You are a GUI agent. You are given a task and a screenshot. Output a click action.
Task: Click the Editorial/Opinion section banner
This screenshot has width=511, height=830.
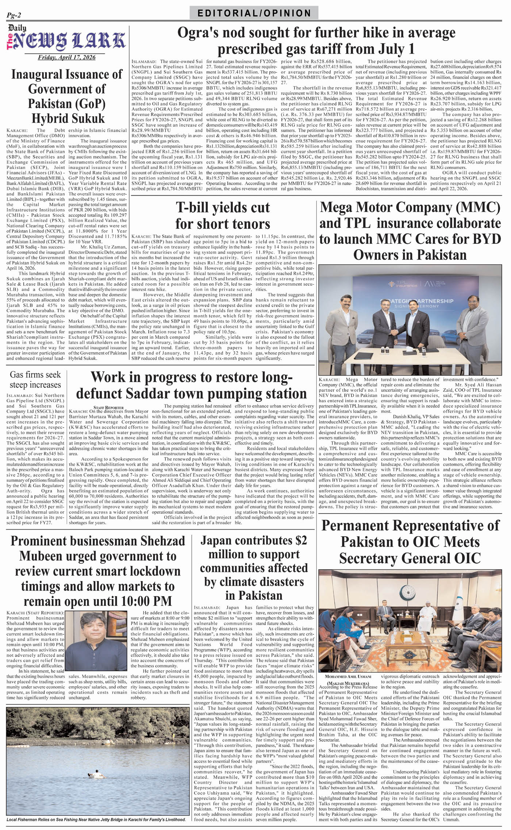pyautogui.click(x=254, y=14)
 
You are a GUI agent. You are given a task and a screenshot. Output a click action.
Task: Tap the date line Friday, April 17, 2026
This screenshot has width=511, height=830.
pyautogui.click(x=66, y=57)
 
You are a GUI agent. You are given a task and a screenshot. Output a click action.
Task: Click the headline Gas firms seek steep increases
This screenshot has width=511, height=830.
pyautogui.click(x=35, y=380)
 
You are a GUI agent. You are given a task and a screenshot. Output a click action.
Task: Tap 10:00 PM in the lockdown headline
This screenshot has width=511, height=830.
pyautogui.click(x=147, y=600)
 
